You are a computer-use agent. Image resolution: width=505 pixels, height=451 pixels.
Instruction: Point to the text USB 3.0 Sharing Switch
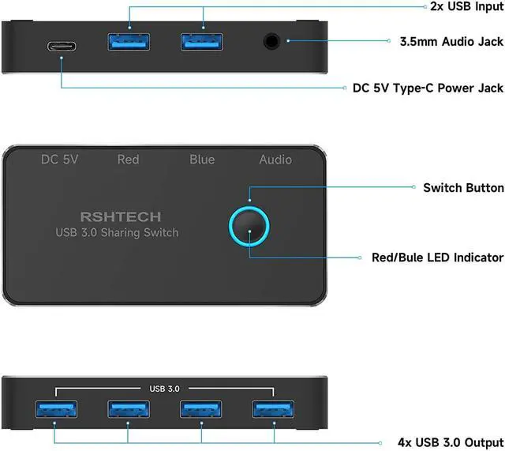(x=117, y=232)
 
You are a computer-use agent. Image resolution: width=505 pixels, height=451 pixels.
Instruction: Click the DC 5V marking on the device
(x=60, y=160)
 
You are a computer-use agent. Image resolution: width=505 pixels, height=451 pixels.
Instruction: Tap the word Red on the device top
(x=128, y=160)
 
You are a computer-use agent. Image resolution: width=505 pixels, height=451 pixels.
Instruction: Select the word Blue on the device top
(x=202, y=160)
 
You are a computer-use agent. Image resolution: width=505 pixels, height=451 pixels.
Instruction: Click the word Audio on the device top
(x=275, y=160)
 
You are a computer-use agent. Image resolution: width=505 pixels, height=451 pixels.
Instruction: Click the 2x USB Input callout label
(x=459, y=7)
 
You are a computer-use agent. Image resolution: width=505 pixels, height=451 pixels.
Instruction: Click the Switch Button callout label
(x=463, y=188)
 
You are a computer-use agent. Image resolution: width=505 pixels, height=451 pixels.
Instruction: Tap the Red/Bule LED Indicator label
(x=437, y=257)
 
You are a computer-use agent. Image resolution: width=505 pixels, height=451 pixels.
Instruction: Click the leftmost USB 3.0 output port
(x=54, y=409)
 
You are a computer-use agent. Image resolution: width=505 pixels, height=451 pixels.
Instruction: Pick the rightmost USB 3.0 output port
(x=275, y=409)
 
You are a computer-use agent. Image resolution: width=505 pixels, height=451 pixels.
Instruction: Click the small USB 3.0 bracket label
(x=165, y=388)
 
